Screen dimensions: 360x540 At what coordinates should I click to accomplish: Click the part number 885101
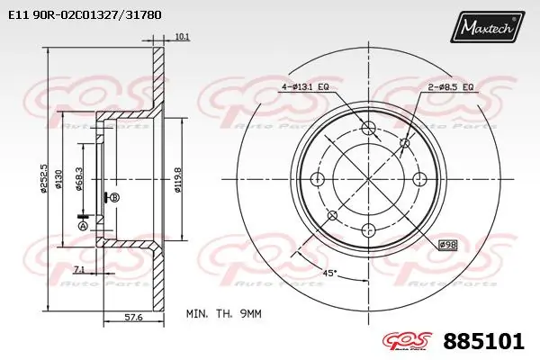pyautogui.click(x=484, y=342)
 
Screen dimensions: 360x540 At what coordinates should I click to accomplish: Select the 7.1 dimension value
pyautogui.click(x=80, y=269)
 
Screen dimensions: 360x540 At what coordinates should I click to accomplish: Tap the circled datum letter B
pyautogui.click(x=114, y=197)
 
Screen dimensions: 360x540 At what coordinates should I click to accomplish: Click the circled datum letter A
pyautogui.click(x=84, y=227)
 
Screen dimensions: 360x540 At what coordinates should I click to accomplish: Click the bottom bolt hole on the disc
pyautogui.click(x=367, y=231)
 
